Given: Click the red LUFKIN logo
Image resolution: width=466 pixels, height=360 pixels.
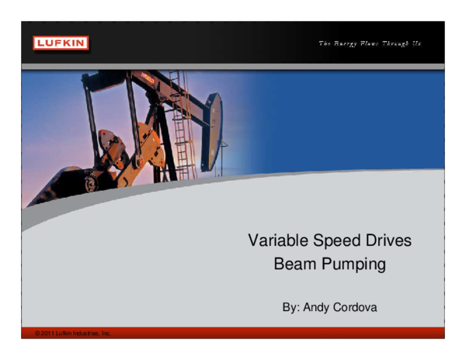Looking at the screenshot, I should pos(61,43).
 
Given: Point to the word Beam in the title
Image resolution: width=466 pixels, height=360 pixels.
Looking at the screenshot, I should pos(294,264).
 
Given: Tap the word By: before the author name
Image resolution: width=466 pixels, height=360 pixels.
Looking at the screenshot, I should pos(291,307).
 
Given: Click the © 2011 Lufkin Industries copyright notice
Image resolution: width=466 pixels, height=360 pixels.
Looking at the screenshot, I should pos(73,333).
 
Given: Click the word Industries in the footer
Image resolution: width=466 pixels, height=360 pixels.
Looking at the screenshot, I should pos(91,333).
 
